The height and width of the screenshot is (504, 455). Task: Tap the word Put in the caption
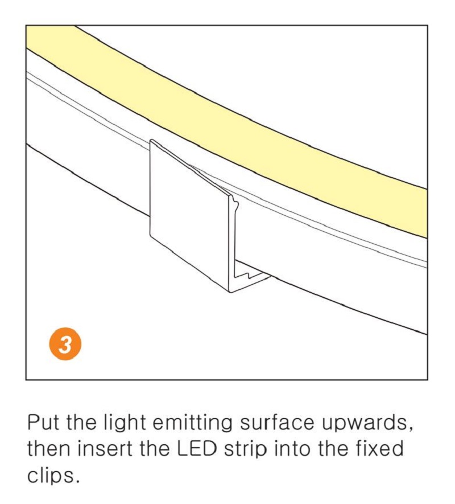point(44,423)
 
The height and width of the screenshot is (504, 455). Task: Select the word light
point(129,424)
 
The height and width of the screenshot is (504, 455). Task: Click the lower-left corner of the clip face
point(152,235)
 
